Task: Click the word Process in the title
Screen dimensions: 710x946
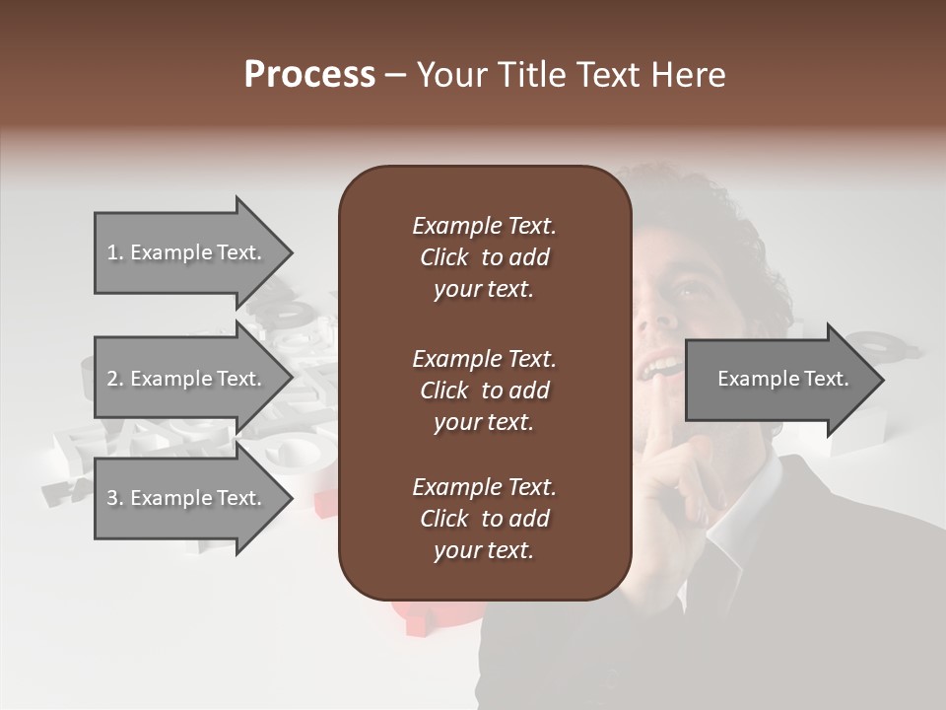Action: tap(309, 75)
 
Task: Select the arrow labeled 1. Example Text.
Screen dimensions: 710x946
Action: tap(187, 252)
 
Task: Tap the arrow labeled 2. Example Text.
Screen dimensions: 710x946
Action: tap(187, 379)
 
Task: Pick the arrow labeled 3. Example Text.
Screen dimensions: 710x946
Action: tap(187, 498)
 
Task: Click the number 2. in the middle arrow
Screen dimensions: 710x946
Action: tap(115, 379)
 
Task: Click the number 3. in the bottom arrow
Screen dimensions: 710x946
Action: tap(115, 498)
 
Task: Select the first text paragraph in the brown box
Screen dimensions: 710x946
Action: tap(484, 257)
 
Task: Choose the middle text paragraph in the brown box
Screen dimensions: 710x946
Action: tap(484, 390)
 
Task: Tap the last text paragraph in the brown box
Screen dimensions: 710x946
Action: tap(484, 519)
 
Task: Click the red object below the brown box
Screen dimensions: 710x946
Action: tap(419, 616)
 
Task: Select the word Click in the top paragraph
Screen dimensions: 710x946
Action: tap(444, 257)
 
